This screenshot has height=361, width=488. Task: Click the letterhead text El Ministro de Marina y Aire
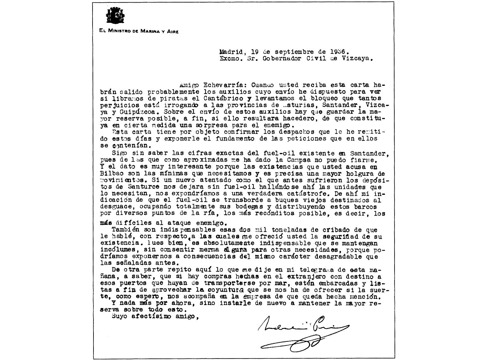(139, 31)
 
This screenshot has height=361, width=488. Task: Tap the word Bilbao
(110, 174)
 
